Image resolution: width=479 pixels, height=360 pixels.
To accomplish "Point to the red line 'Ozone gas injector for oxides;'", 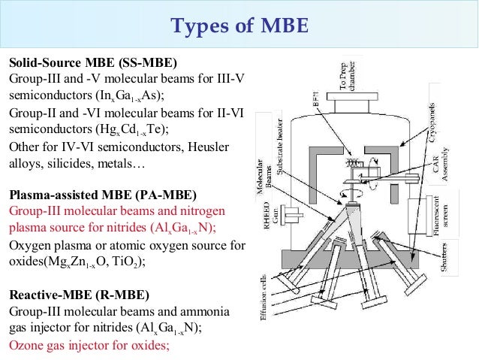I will point(89,346).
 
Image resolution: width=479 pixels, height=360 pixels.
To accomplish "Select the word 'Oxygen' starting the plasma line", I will point(29,245).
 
